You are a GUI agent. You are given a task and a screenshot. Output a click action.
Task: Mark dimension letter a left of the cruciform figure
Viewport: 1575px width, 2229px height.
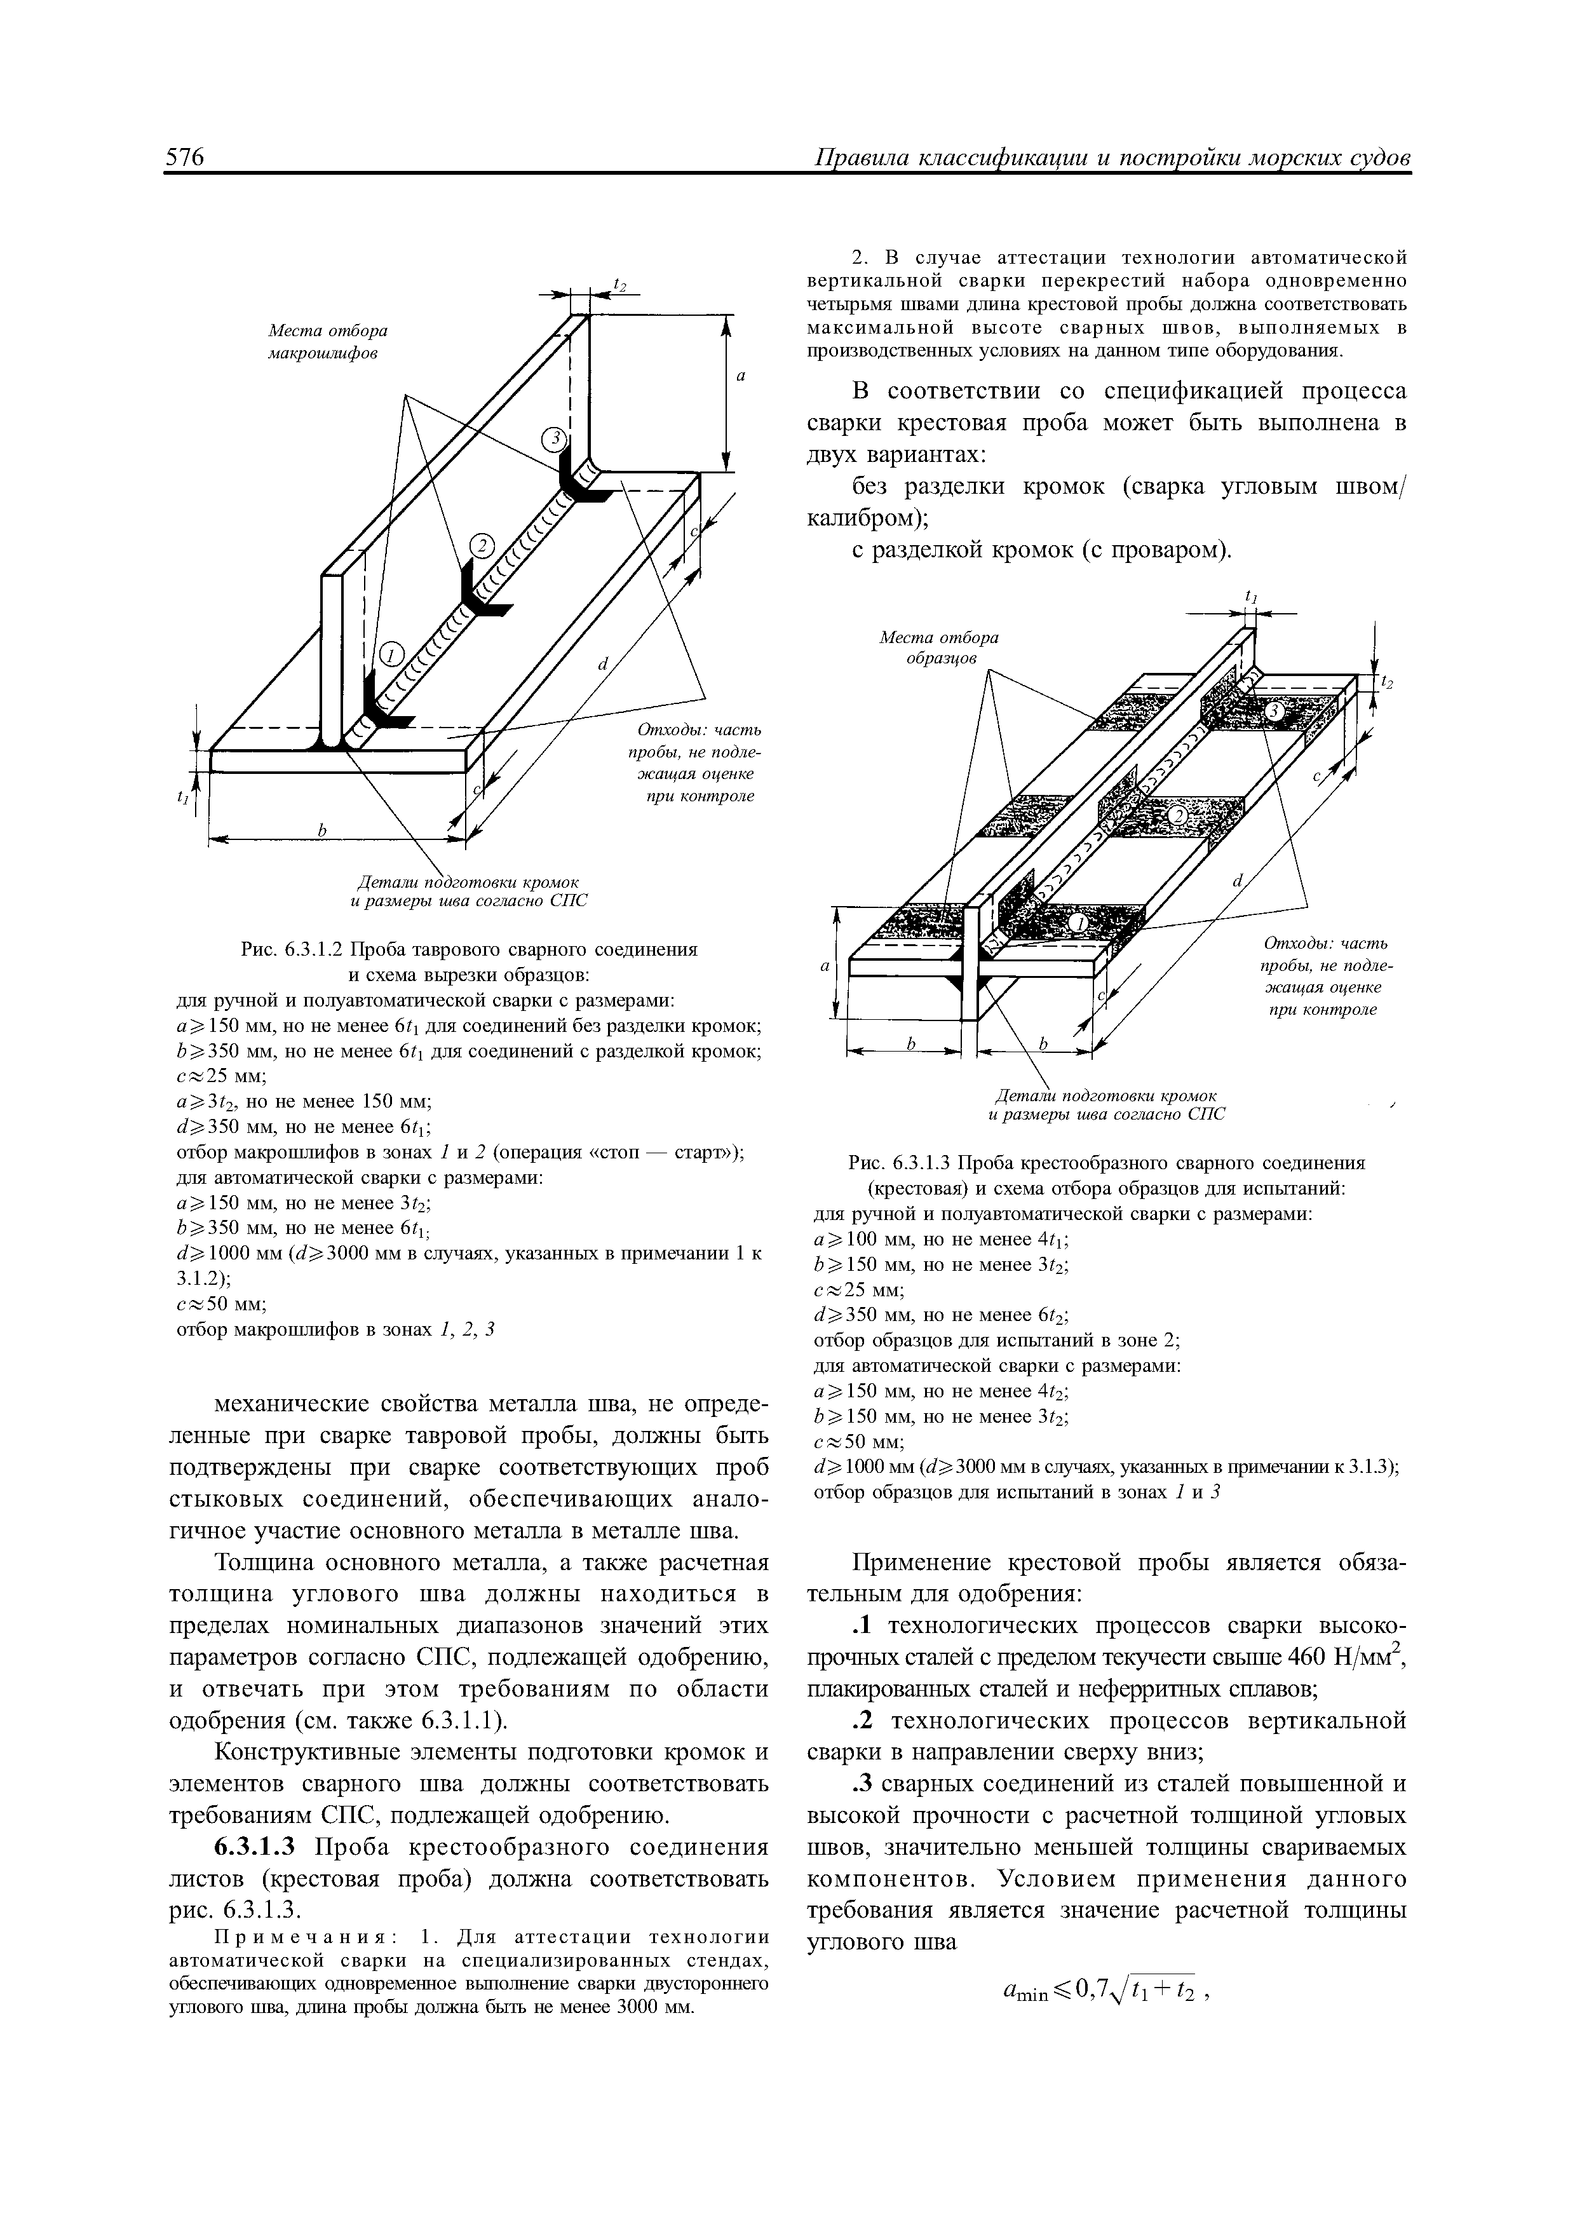(825, 967)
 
